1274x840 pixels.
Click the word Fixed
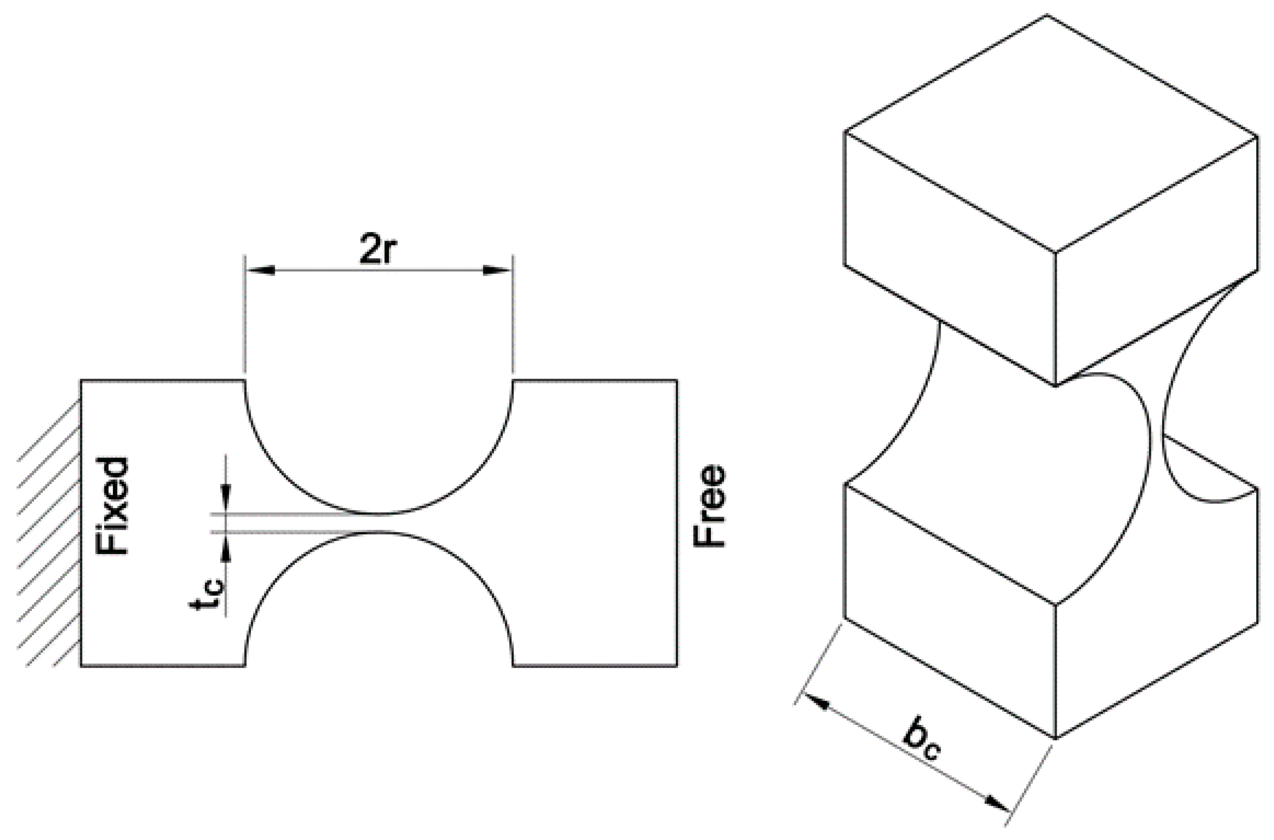coord(112,506)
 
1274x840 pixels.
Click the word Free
coord(710,506)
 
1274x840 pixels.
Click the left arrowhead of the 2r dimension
coord(260,270)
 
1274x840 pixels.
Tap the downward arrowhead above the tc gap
coord(226,493)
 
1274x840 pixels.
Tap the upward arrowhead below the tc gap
coord(226,546)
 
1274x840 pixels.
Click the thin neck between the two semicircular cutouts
coord(379,523)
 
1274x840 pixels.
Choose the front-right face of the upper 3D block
coord(1157,257)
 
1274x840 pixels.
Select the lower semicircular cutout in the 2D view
coord(379,606)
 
